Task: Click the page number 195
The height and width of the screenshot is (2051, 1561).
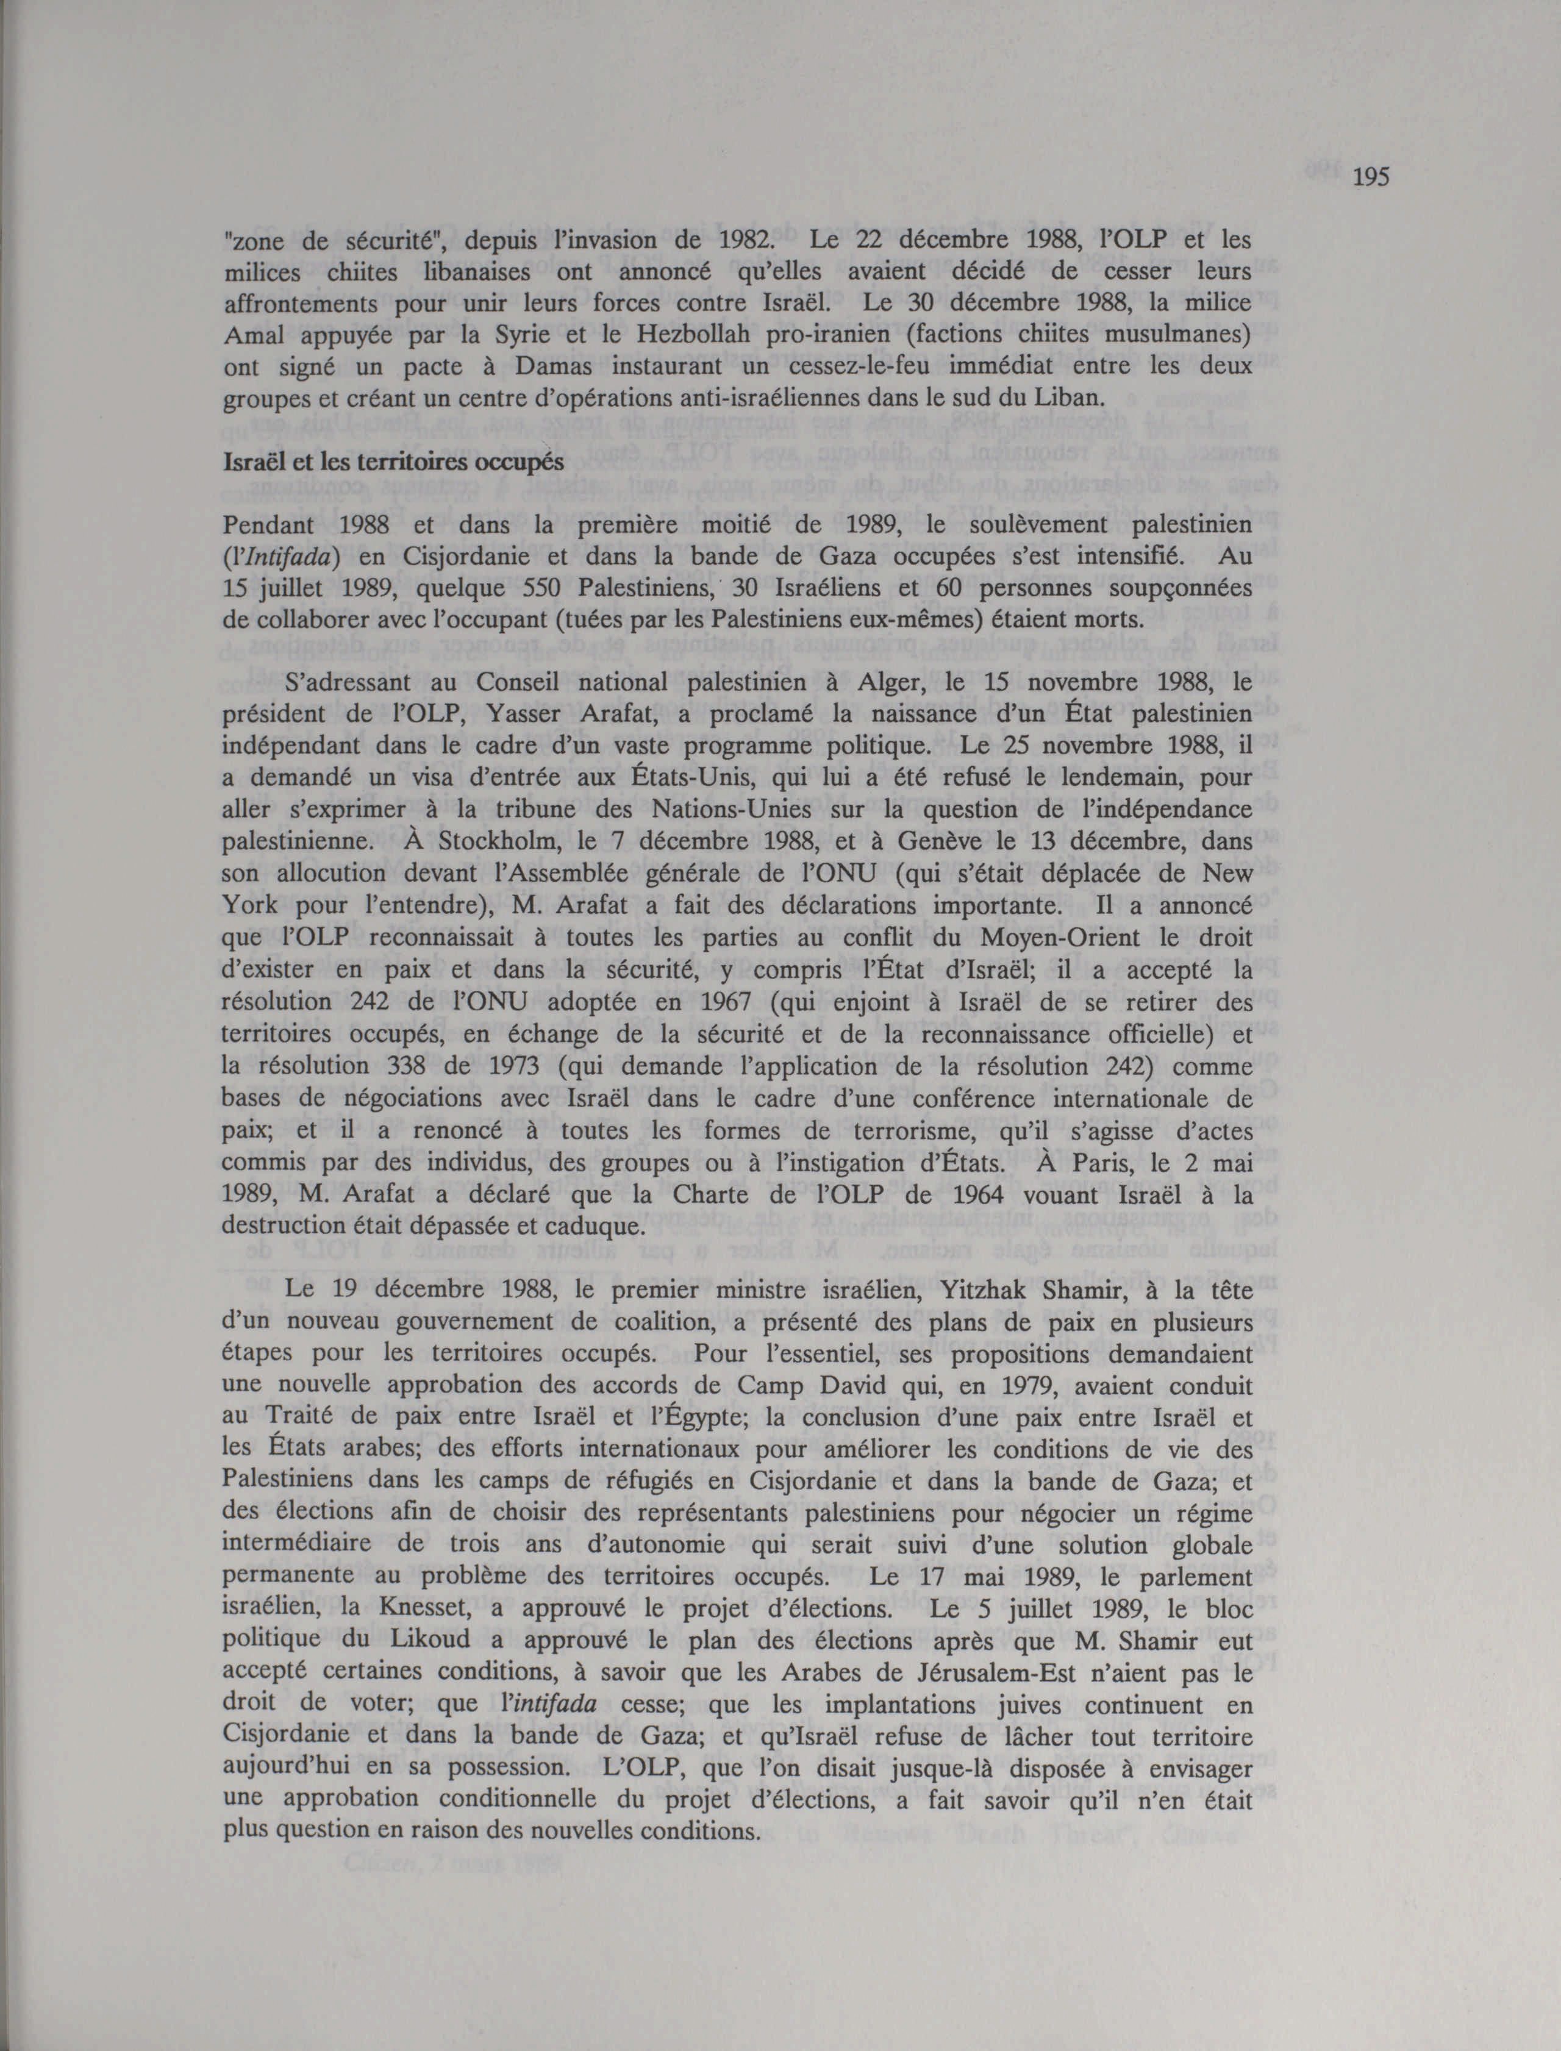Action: pyautogui.click(x=1371, y=177)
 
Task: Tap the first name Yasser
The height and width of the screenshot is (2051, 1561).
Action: pyautogui.click(x=516, y=715)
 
